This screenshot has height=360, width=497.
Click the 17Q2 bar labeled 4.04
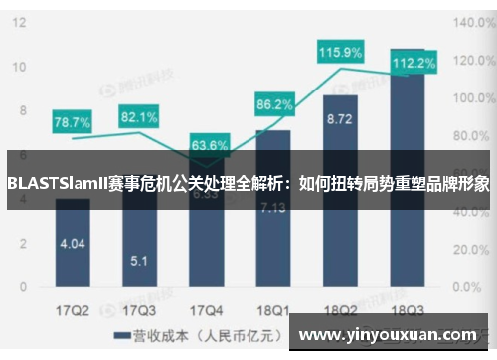[x=73, y=244]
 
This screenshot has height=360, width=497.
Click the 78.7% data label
[x=72, y=122]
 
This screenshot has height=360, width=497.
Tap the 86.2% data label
[x=274, y=103]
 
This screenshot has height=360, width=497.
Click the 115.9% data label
[x=340, y=52]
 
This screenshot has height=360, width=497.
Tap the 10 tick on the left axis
[x=18, y=66]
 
